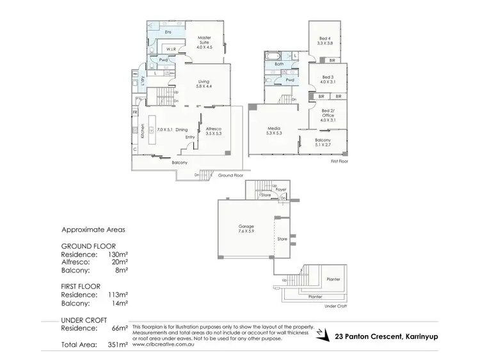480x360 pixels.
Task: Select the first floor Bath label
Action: click(279, 64)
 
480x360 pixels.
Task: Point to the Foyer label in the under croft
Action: click(280, 189)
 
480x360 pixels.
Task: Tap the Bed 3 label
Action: click(327, 79)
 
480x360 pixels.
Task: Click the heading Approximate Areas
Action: click(93, 229)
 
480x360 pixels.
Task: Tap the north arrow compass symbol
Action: click(324, 334)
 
